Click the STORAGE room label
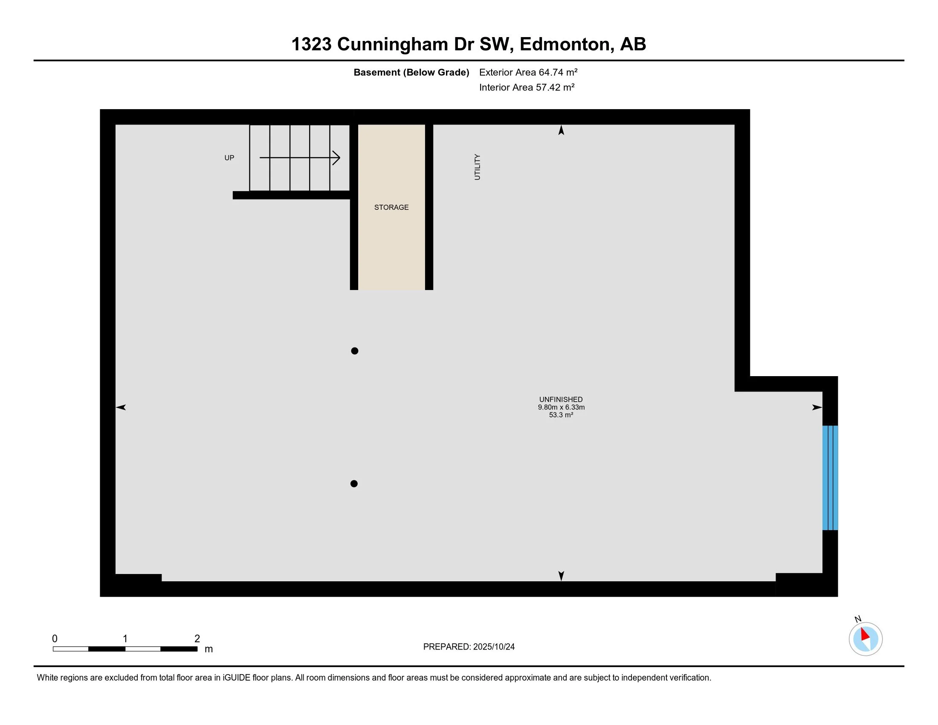391,207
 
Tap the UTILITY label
477,167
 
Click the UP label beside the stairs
229,158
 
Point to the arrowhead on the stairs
337,158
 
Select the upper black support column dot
354,351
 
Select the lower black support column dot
354,484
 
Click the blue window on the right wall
830,478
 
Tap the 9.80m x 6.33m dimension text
561,407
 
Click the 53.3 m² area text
561,415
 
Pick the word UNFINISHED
561,400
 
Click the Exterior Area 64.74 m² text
528,72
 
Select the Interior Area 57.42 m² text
527,87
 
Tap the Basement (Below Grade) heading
411,72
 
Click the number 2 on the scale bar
197,639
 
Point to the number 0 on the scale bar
55,639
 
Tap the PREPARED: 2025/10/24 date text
469,647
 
